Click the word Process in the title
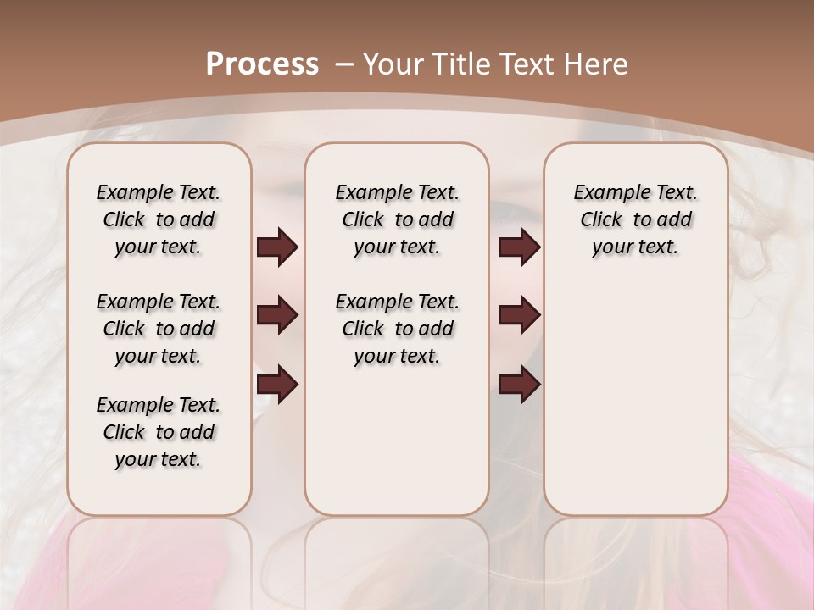[x=262, y=64]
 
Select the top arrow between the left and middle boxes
[x=277, y=247]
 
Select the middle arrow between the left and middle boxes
[x=277, y=315]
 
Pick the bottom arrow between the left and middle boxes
[x=277, y=384]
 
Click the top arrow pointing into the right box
[x=519, y=247]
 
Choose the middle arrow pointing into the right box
[x=519, y=315]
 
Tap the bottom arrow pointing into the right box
[x=519, y=384]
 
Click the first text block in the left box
[x=159, y=219]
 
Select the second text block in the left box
[x=159, y=329]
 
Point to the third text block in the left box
[x=159, y=432]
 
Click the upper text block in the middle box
[x=397, y=219]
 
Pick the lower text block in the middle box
[x=397, y=329]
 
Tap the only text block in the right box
[x=635, y=219]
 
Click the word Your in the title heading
[x=393, y=64]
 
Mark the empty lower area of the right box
[x=635, y=398]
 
